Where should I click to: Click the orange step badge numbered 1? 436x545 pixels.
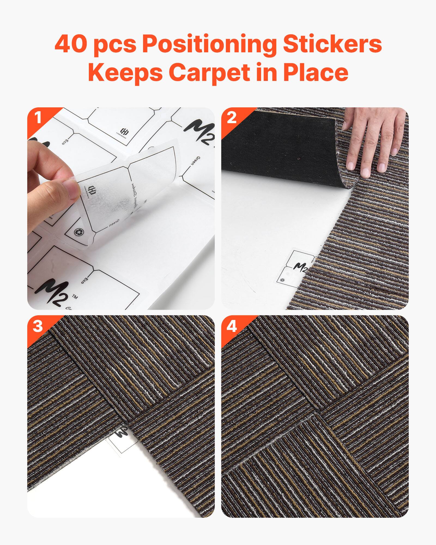(37, 118)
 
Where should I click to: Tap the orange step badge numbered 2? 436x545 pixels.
(231, 118)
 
